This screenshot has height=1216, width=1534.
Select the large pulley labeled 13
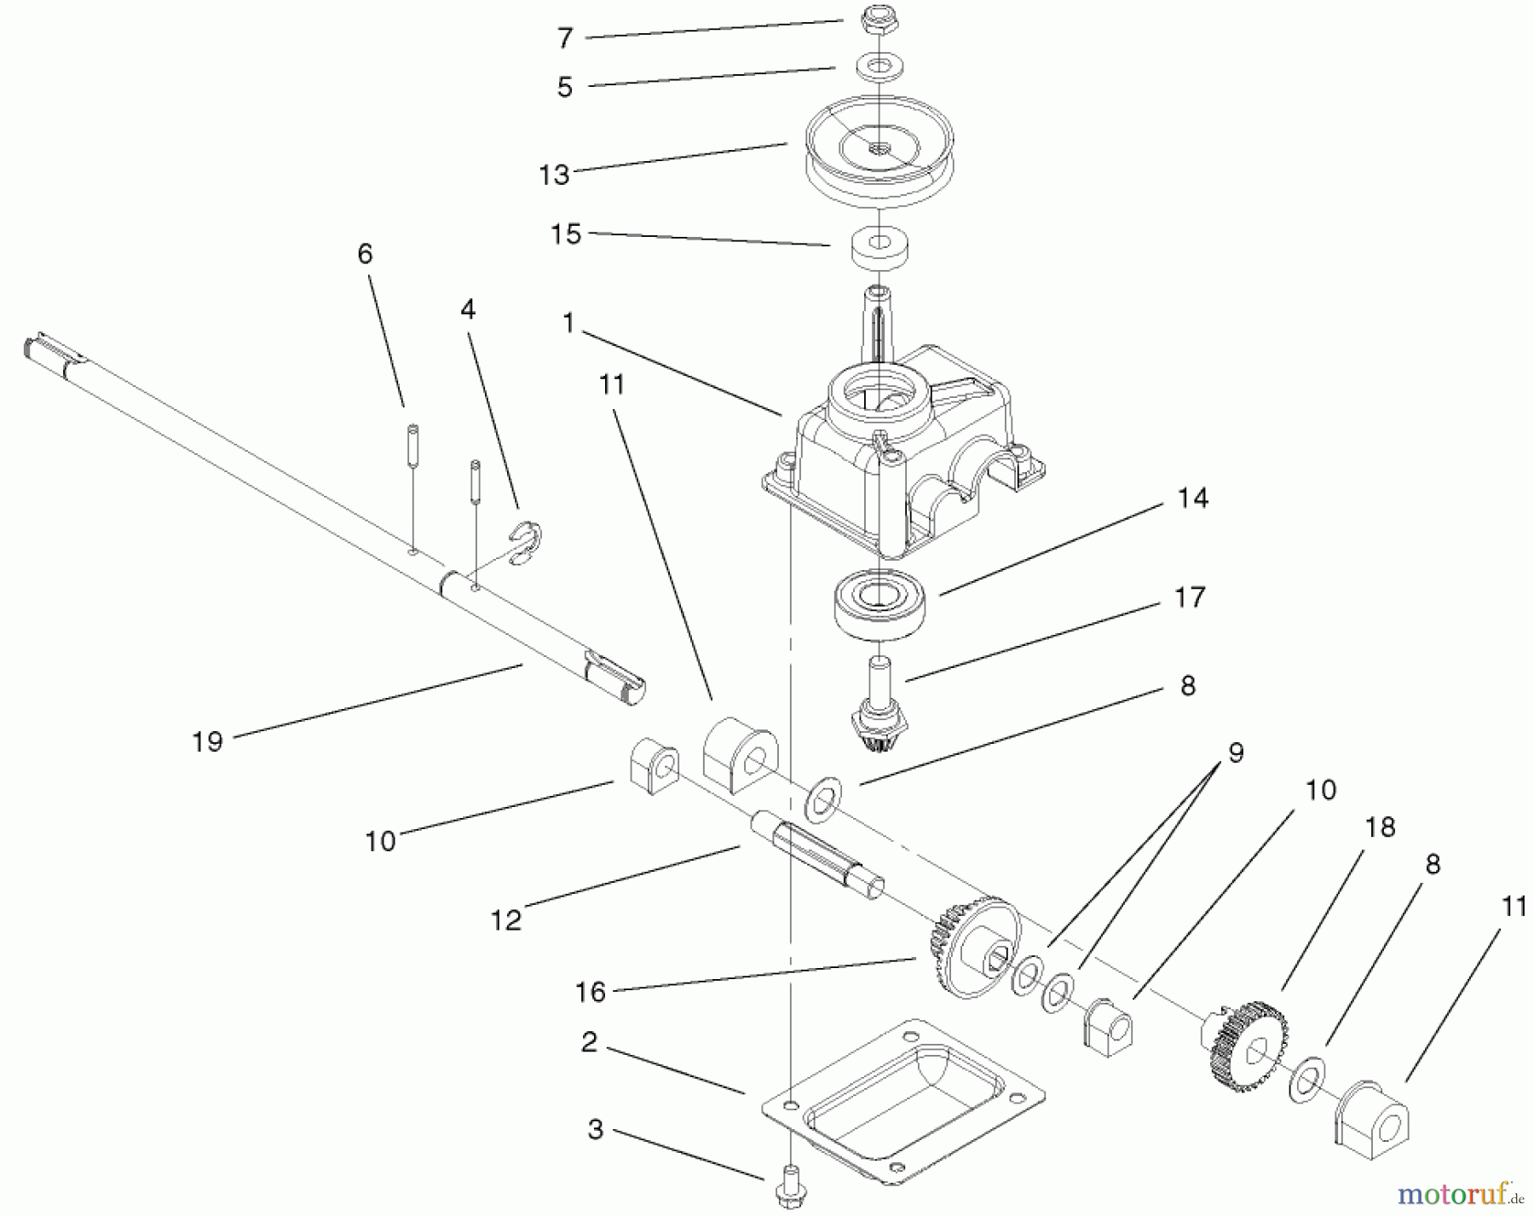(x=879, y=162)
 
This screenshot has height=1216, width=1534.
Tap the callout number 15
(x=566, y=234)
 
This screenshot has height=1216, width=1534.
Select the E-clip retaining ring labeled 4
(x=528, y=545)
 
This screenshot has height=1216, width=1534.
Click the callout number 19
(x=207, y=741)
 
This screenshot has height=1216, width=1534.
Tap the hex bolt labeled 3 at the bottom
(x=792, y=1183)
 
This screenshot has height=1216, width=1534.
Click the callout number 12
(x=505, y=920)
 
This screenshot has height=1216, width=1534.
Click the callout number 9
(x=1236, y=752)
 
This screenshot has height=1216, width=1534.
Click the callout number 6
(x=365, y=254)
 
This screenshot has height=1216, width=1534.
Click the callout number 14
(x=1192, y=499)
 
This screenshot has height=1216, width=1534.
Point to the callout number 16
(x=590, y=992)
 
